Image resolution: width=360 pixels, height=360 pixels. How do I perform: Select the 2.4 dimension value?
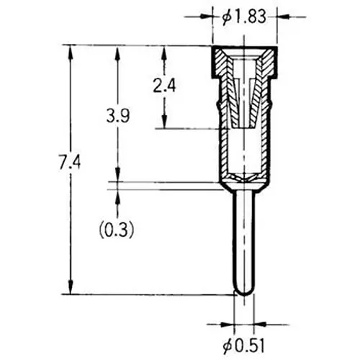point(166,86)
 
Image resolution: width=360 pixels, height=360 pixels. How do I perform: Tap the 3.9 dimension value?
point(117,115)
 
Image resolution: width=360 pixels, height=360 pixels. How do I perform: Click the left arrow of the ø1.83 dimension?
point(209,15)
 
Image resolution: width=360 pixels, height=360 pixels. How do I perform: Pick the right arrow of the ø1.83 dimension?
point(281,15)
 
